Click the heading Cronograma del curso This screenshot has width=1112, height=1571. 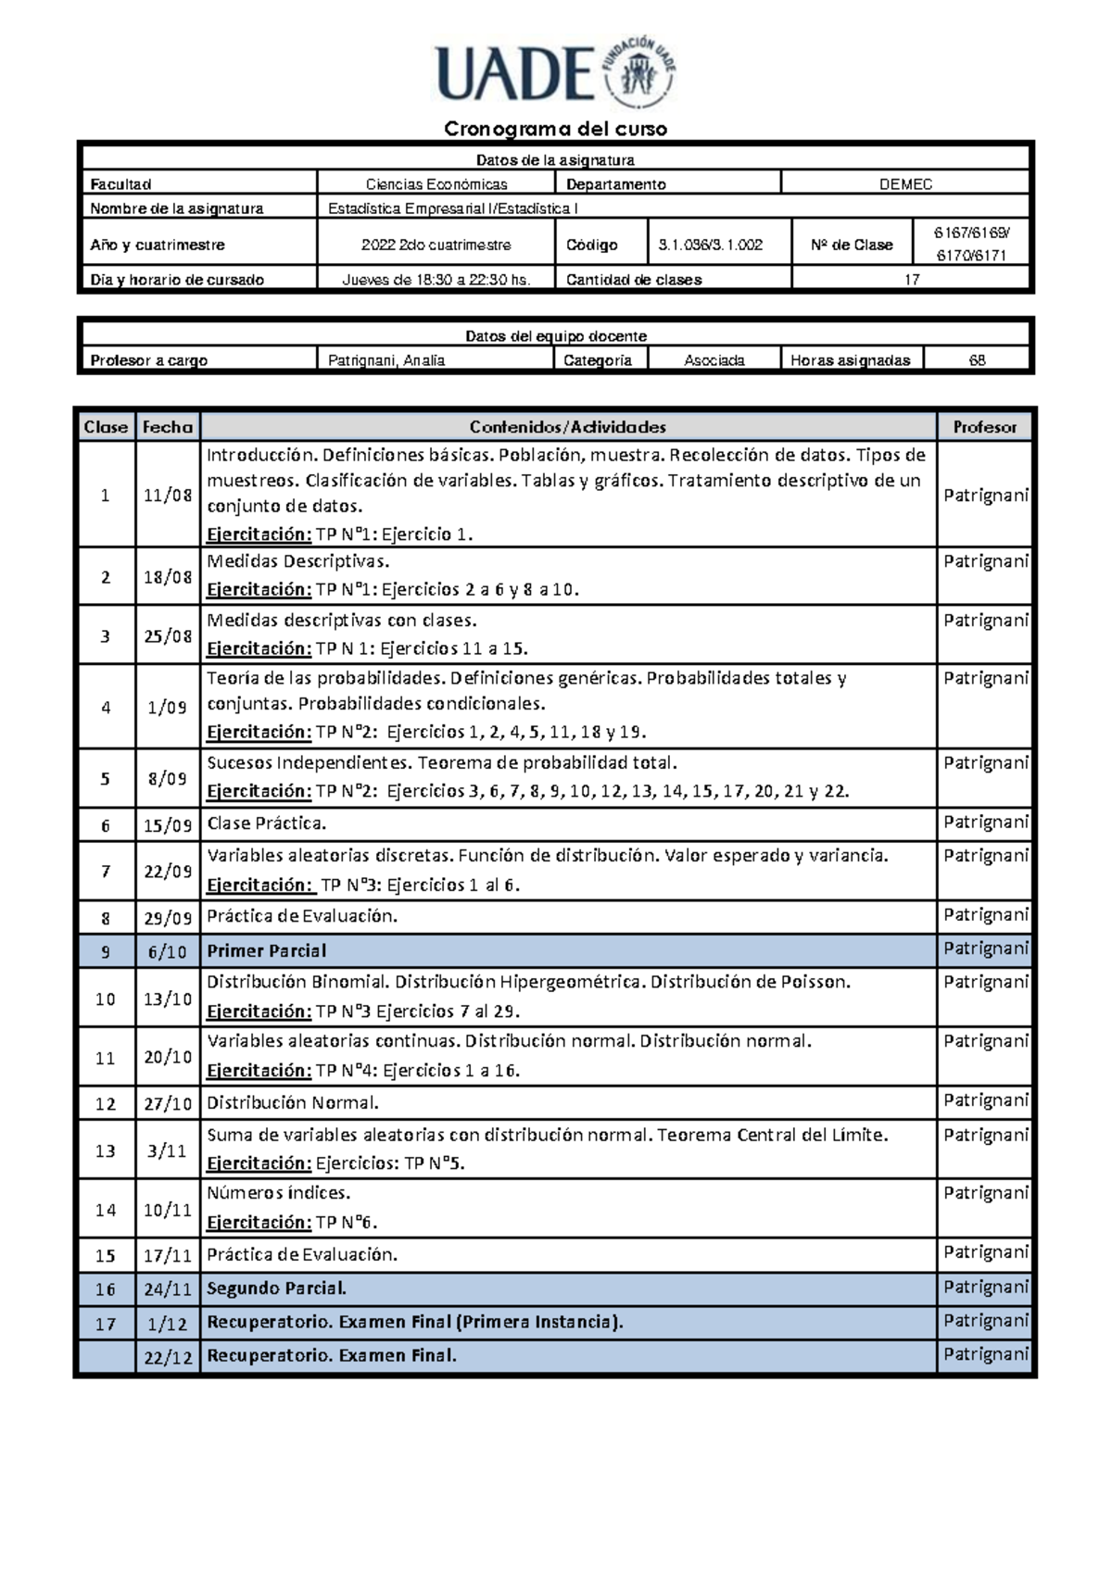tap(555, 129)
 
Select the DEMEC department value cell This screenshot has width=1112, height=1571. tap(905, 184)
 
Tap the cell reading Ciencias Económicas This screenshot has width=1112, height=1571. tap(436, 184)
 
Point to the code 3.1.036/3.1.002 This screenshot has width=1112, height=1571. tap(710, 245)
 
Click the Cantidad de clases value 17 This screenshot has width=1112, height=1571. tap(911, 280)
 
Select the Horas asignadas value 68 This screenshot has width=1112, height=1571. tap(977, 360)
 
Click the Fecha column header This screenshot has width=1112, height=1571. tap(168, 427)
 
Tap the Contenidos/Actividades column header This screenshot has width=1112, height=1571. tap(567, 427)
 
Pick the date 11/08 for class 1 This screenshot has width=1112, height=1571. tap(168, 496)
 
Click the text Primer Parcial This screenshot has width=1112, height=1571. tap(267, 951)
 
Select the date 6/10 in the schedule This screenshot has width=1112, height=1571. tap(168, 952)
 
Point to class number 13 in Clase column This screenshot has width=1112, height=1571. tap(106, 1151)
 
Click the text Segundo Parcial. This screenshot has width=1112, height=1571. tap(276, 1288)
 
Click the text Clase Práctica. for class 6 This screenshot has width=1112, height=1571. tap(266, 823)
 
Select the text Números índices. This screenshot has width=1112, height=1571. tap(278, 1193)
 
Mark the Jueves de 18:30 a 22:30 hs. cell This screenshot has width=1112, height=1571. tap(436, 280)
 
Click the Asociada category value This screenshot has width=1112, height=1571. tap(714, 360)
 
